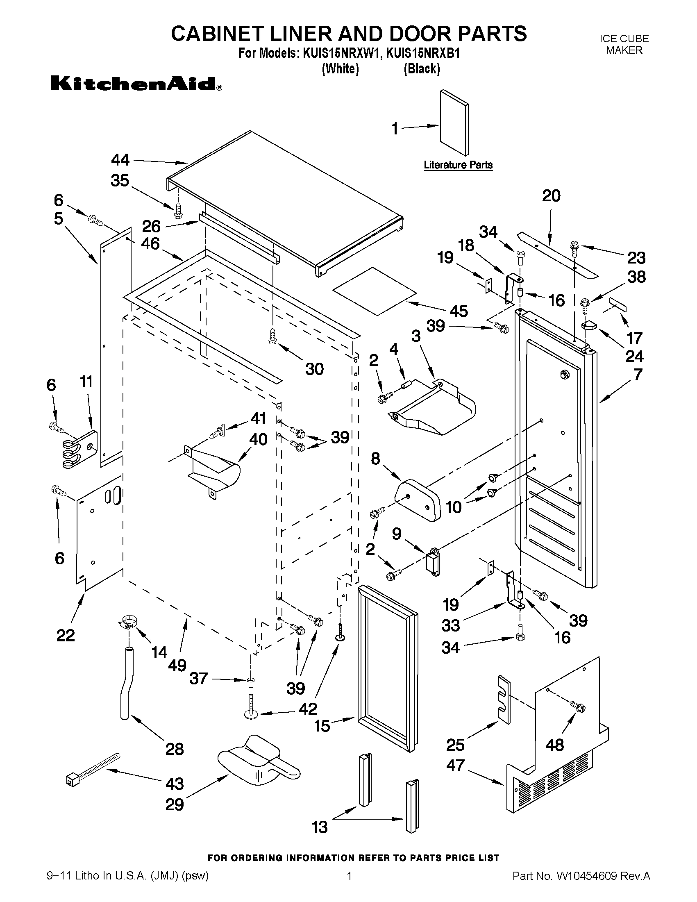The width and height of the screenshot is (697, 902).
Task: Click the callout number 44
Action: coord(120,160)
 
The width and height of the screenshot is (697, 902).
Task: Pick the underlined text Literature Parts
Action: coord(458,165)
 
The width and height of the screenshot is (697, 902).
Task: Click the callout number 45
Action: coord(459,311)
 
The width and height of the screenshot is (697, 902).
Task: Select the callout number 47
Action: coord(455,765)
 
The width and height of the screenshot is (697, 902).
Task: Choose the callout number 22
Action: coord(66,635)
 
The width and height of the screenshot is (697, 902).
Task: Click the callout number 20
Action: coord(551,196)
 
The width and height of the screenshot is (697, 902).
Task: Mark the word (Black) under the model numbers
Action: coord(422,68)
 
